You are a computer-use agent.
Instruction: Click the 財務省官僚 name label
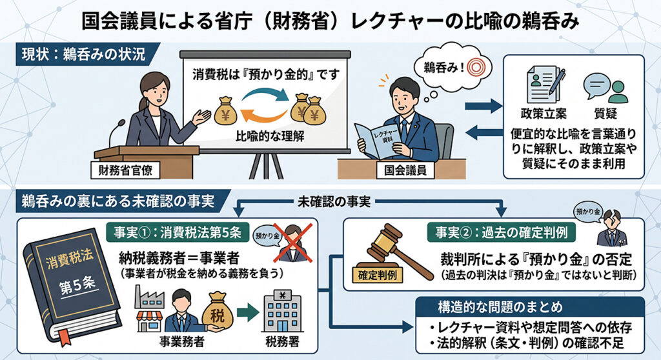click(x=125, y=170)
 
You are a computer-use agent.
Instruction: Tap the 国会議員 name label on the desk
click(x=405, y=170)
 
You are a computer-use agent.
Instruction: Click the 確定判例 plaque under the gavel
click(x=377, y=275)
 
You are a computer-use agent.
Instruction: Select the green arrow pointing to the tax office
click(x=248, y=313)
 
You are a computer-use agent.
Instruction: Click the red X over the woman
click(x=293, y=243)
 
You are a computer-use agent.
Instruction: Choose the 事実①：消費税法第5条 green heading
click(x=178, y=232)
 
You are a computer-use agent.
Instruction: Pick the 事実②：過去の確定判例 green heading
click(x=501, y=232)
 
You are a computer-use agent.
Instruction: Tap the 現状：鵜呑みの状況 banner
click(x=86, y=54)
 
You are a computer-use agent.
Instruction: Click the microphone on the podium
click(x=116, y=132)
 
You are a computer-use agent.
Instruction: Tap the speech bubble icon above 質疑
click(x=605, y=88)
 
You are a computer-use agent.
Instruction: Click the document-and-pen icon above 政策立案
click(x=545, y=85)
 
